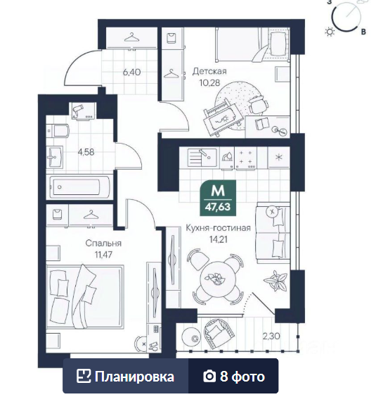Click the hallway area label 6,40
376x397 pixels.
[x=131, y=73]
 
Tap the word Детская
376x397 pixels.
[x=209, y=71]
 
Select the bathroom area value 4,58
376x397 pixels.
[x=86, y=152]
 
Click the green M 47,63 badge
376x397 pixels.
[x=218, y=198]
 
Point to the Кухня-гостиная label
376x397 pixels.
[x=218, y=228]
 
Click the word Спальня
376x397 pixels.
[x=103, y=244]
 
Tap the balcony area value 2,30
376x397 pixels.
[x=271, y=336]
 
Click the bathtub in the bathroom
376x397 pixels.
[x=79, y=187]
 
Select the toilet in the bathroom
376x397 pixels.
[x=58, y=131]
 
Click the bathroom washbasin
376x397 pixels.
[x=55, y=156]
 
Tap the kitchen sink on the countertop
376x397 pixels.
[x=202, y=158]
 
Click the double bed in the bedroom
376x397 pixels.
[x=85, y=297]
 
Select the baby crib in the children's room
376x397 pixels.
[x=221, y=118]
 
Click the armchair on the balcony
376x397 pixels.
[x=219, y=333]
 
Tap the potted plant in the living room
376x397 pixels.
[x=275, y=281]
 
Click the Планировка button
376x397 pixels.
[x=126, y=377]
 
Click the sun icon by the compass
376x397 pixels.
[x=330, y=32]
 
